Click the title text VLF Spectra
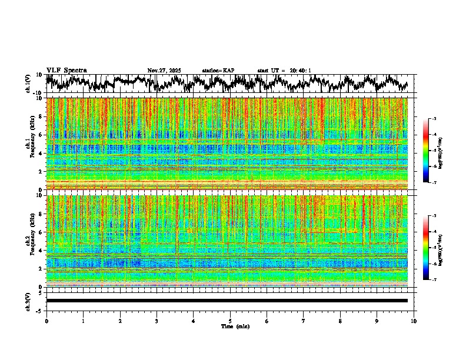pyautogui.click(x=66, y=70)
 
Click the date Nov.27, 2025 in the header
pyautogui.click(x=164, y=71)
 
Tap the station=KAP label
pyautogui.click(x=218, y=71)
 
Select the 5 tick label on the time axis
pyautogui.click(x=230, y=321)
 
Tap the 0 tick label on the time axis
pyautogui.click(x=46, y=321)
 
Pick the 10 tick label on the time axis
pyautogui.click(x=414, y=321)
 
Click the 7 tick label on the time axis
pyautogui.click(x=304, y=321)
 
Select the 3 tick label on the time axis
pyautogui.click(x=157, y=321)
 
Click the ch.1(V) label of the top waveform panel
pyautogui.click(x=28, y=84)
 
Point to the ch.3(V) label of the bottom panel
pyautogui.click(x=28, y=301)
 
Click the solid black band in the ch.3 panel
pyautogui.click(x=227, y=301)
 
